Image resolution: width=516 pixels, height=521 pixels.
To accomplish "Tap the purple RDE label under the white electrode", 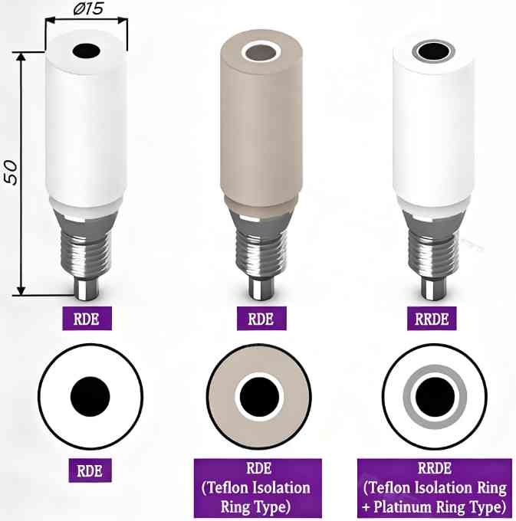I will [86, 317].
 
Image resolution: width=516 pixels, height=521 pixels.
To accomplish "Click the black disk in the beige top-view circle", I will [258, 397].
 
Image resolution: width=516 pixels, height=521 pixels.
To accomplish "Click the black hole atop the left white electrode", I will [87, 51].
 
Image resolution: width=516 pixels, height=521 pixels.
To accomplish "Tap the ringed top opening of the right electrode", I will [433, 52].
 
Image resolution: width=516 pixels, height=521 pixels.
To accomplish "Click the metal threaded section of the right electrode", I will [433, 245].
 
